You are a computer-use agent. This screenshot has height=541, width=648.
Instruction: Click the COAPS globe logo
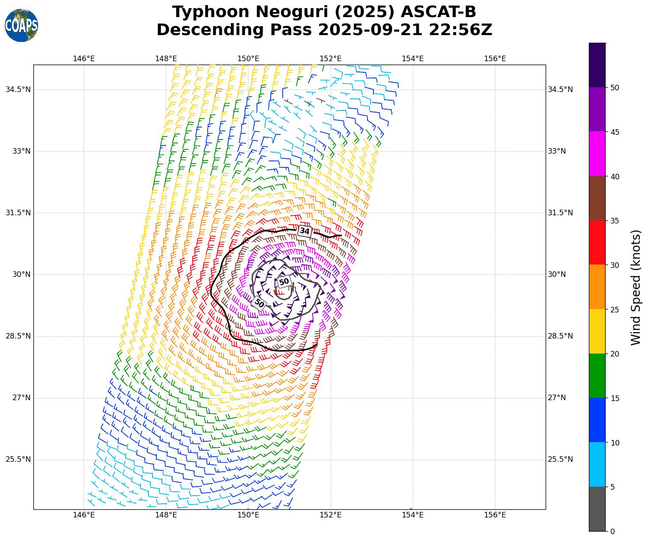(21, 26)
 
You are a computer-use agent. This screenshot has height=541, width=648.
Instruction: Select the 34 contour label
(305, 231)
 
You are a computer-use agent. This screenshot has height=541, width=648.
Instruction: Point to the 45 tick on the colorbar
(615, 132)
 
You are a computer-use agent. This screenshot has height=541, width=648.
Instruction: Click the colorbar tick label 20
(615, 354)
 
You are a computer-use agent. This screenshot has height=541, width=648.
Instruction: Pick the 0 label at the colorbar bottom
(612, 531)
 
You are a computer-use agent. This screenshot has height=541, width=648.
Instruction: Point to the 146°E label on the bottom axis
(84, 515)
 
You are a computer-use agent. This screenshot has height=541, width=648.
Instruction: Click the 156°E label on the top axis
(495, 59)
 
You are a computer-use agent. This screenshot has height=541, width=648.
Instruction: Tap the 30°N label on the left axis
(21, 274)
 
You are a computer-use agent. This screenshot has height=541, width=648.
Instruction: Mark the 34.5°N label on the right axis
(560, 89)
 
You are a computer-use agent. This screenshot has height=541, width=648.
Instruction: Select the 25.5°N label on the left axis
(18, 459)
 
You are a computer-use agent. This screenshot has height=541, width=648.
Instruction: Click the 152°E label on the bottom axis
(331, 515)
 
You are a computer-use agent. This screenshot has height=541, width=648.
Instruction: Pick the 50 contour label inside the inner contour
(284, 282)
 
